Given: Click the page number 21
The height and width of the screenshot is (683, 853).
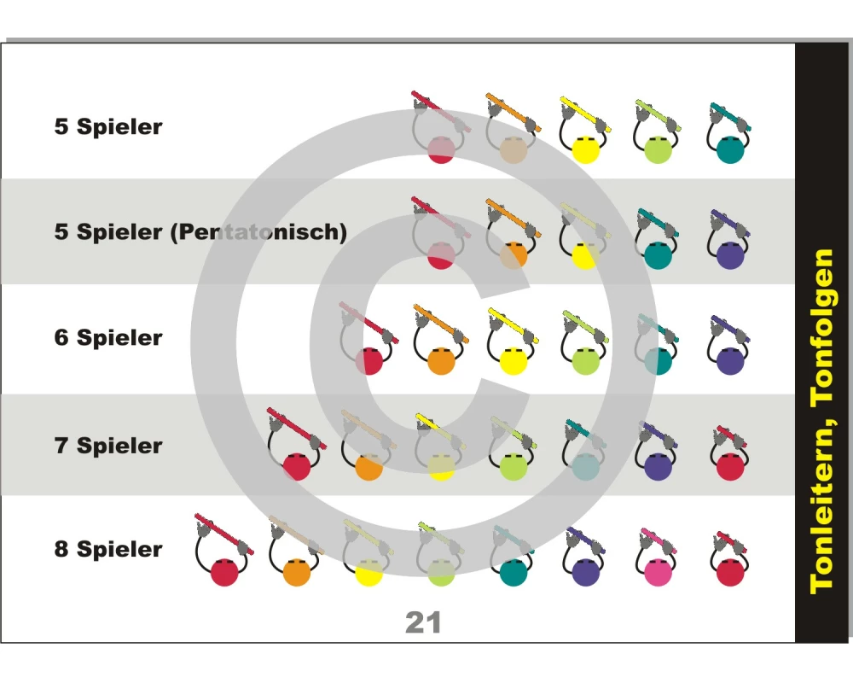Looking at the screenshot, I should [423, 622].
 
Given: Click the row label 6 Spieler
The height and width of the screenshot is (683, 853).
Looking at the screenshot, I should [108, 337].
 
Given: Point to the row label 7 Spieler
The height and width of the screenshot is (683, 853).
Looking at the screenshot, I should [108, 445].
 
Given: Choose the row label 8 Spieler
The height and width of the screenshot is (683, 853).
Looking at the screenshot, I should [108, 549].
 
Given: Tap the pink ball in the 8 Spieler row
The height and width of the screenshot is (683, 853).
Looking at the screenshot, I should [656, 571].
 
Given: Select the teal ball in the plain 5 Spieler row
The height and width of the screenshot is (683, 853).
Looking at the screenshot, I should [730, 149].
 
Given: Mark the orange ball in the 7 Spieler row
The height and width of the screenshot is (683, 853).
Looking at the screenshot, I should [368, 467].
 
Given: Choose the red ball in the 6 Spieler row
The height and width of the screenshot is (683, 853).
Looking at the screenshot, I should [368, 360].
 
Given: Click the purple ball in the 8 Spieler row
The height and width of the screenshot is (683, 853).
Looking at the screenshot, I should [584, 571].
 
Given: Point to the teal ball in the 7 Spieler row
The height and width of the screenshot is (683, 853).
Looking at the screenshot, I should [584, 467].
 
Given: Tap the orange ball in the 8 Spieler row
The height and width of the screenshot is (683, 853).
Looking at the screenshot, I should [295, 571].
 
